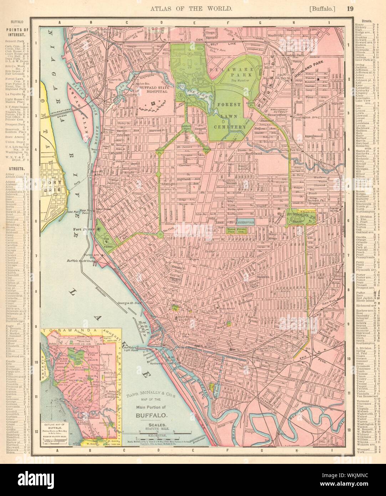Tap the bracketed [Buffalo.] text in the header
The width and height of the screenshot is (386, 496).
click(x=324, y=7)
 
